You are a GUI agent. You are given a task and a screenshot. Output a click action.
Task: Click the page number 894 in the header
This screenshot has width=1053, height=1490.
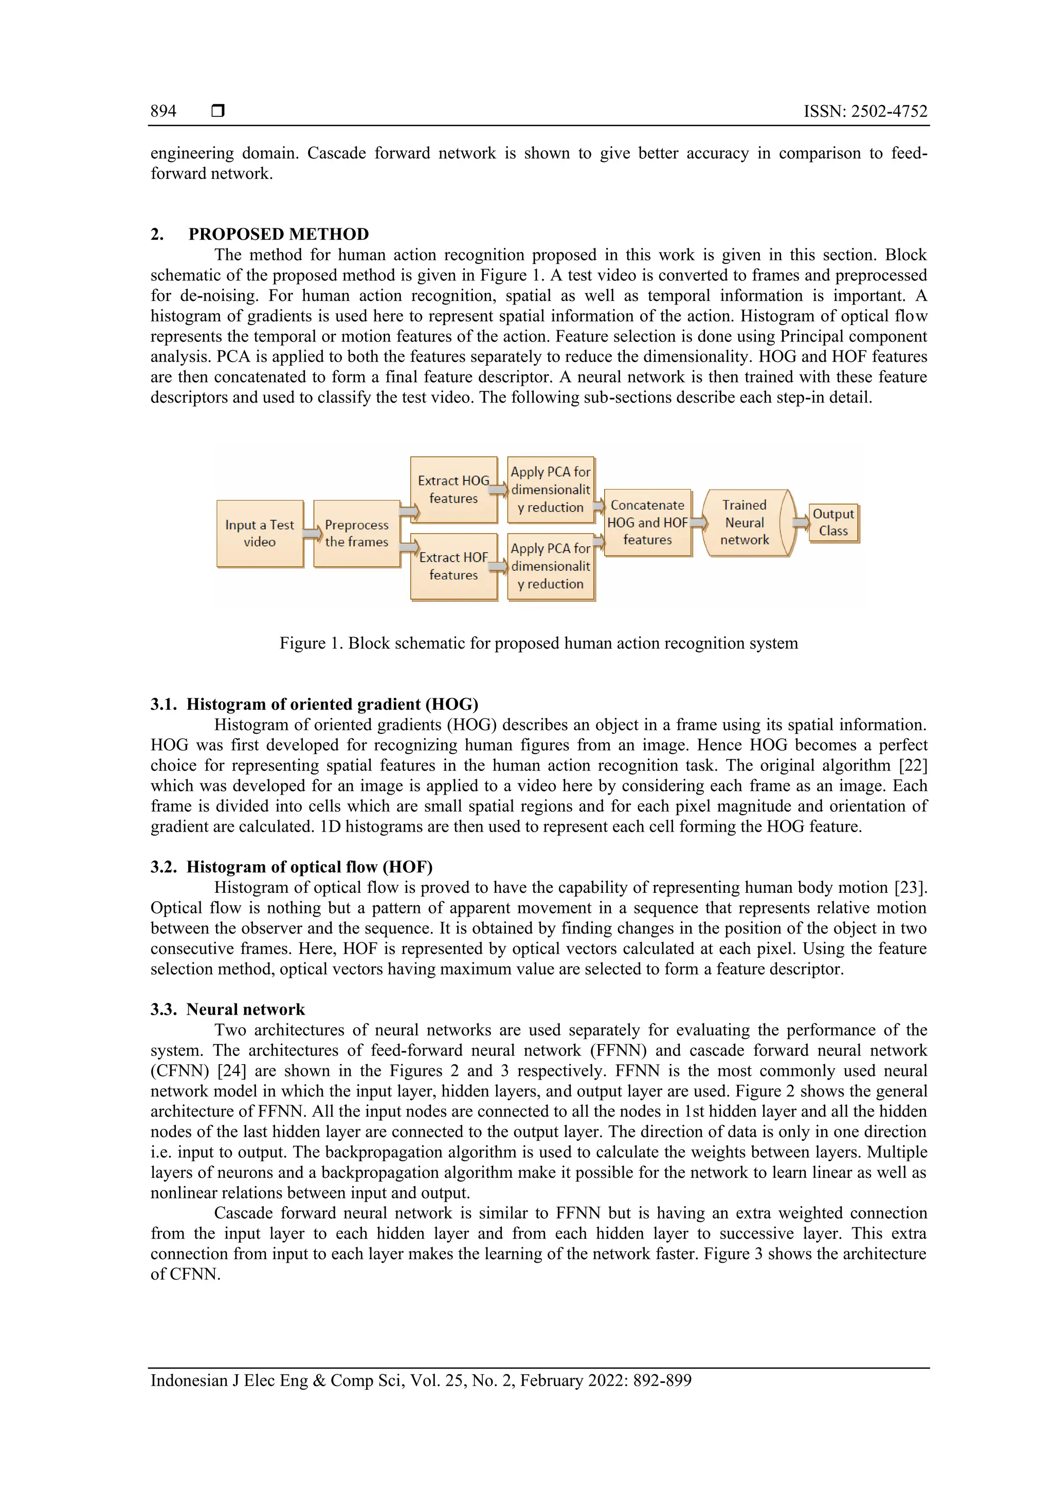[163, 111]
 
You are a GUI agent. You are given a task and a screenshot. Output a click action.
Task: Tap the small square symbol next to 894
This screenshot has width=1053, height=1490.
[218, 111]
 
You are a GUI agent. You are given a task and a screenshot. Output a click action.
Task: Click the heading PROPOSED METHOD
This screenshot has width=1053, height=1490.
[278, 234]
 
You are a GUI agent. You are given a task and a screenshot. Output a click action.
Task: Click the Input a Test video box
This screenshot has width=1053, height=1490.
[260, 533]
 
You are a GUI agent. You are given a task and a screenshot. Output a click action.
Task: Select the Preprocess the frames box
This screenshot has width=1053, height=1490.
[356, 533]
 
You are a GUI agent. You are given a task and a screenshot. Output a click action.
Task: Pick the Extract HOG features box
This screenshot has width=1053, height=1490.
[453, 489]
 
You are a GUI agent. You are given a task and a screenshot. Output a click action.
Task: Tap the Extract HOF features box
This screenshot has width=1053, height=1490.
[453, 566]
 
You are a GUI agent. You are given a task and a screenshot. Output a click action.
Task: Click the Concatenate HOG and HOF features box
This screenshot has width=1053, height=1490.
[647, 523]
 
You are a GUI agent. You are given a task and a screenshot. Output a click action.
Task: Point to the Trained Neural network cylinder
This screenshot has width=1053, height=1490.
[745, 523]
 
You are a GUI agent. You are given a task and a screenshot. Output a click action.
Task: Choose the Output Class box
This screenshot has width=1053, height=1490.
[833, 523]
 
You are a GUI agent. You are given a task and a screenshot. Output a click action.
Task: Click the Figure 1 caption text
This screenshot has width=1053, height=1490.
[538, 643]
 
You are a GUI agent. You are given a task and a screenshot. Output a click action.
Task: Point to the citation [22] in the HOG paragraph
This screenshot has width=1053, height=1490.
[915, 765]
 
